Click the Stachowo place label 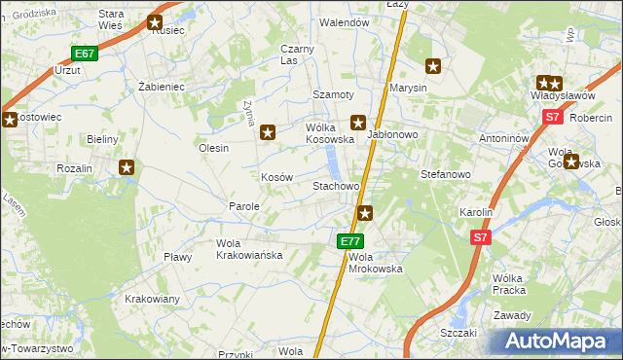(x=336, y=185)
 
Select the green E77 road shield (x=351, y=241)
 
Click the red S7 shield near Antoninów (x=552, y=117)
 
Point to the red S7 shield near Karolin (x=480, y=237)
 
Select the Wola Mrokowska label (x=375, y=263)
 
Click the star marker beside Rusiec (x=156, y=23)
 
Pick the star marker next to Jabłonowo (x=358, y=123)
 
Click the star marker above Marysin (x=434, y=66)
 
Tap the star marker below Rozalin (x=127, y=167)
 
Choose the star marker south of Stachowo (x=365, y=212)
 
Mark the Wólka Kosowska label (x=329, y=133)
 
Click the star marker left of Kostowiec (x=10, y=121)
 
